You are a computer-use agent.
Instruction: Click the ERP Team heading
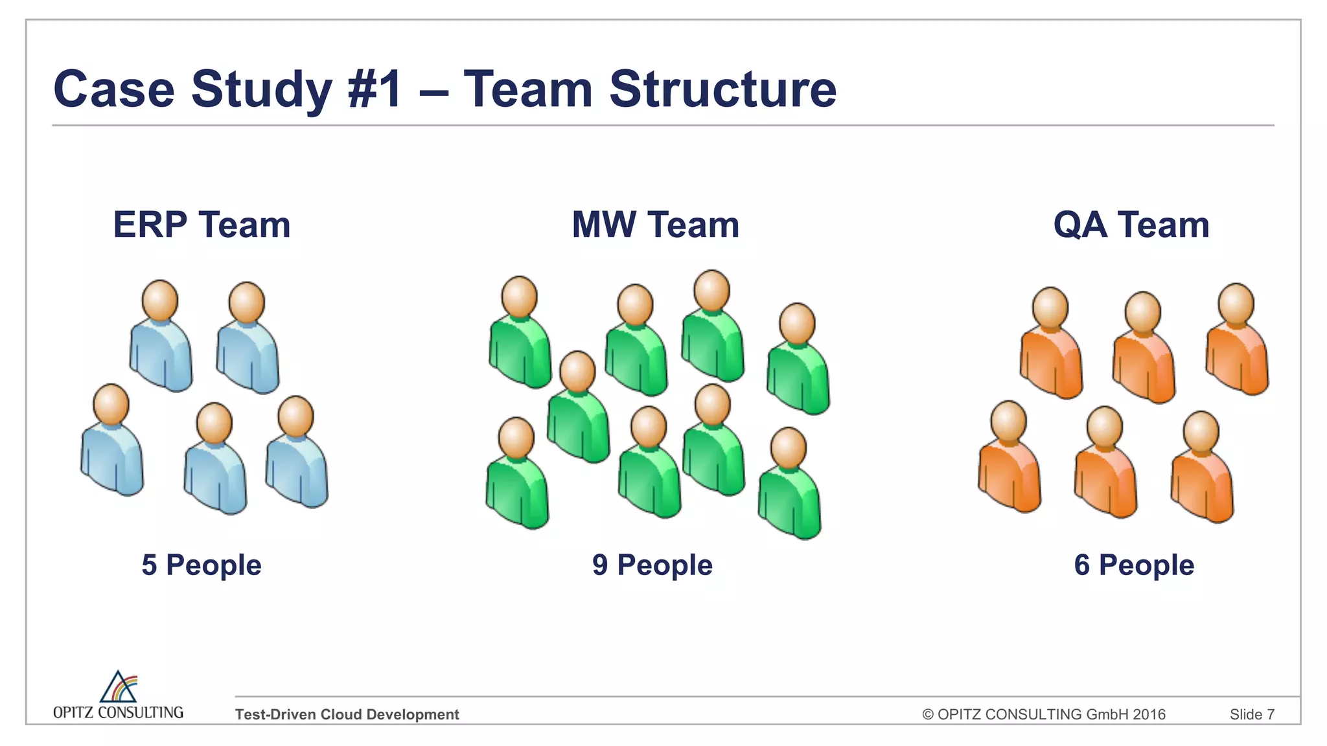(202, 225)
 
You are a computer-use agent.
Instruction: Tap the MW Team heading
(655, 225)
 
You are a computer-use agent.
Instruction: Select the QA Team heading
(1131, 225)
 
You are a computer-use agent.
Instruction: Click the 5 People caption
(202, 565)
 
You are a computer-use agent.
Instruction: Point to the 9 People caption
(652, 565)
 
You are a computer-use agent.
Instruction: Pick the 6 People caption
(1134, 565)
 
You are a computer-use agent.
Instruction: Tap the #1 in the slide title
(375, 89)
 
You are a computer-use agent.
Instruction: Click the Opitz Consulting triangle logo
(119, 688)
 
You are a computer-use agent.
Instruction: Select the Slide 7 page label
(1252, 714)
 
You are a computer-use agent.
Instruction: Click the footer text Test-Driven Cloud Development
(347, 714)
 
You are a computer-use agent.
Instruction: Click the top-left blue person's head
(160, 300)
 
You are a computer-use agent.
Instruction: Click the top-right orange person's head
(1236, 304)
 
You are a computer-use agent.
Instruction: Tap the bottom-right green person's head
(789, 447)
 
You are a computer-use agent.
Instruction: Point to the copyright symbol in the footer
(928, 714)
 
